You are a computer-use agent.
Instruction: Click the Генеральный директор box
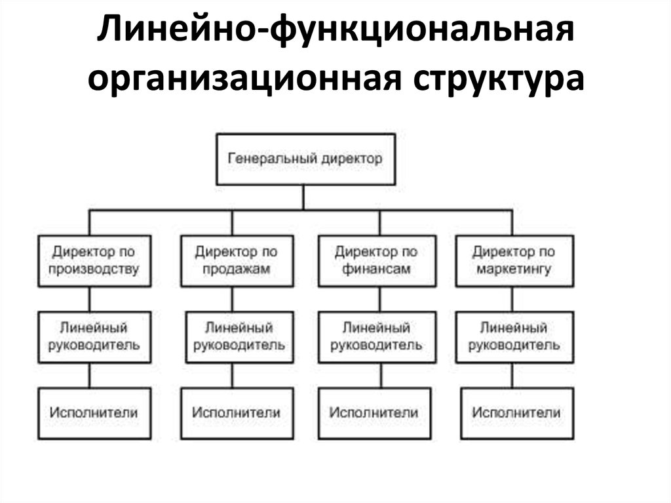tap(305, 159)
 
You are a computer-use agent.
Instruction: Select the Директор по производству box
tap(94, 261)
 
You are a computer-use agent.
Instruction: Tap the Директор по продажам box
tap(237, 261)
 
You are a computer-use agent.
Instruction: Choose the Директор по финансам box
tap(377, 261)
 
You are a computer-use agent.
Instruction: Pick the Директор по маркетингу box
tap(514, 261)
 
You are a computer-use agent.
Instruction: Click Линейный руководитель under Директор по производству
tap(94, 337)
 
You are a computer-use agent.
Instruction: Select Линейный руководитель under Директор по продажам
tap(240, 337)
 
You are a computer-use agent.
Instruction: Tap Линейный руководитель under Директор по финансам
tap(377, 337)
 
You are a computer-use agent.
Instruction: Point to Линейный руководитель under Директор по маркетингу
tap(514, 337)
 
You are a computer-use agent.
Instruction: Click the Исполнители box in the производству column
tap(94, 413)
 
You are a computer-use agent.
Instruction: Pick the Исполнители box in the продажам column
tap(237, 413)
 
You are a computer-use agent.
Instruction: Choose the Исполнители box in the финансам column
tap(374, 413)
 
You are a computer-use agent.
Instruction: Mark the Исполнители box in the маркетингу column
tap(517, 413)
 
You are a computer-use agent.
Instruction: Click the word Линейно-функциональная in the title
tap(335, 31)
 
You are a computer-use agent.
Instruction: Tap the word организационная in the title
tap(244, 80)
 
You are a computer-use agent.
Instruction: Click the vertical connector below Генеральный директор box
tap(303, 197)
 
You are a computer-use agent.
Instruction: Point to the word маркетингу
tap(514, 270)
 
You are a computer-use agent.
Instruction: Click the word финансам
tap(376, 269)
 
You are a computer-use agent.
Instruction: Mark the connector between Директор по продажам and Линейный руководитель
tap(233, 299)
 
